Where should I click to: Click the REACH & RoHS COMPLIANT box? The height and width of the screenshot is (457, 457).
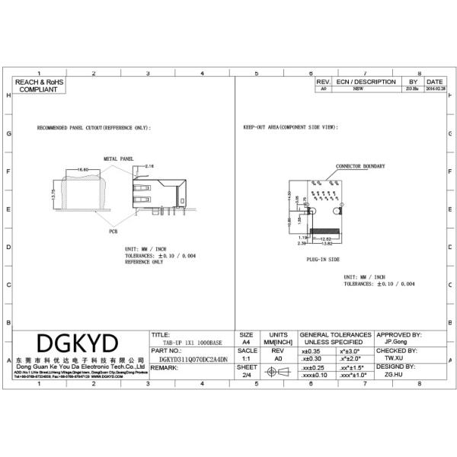[x=39, y=85]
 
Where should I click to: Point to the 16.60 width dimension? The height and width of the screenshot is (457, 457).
[x=82, y=169]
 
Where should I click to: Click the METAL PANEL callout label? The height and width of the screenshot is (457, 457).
[x=118, y=158]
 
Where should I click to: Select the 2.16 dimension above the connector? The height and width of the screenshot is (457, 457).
[x=149, y=165]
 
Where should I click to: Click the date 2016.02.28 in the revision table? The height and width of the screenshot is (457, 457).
[x=435, y=89]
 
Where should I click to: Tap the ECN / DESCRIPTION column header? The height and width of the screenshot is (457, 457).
[x=366, y=81]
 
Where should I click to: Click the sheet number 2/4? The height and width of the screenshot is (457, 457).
[x=246, y=375]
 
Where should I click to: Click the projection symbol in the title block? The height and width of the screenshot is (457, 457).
[x=277, y=371]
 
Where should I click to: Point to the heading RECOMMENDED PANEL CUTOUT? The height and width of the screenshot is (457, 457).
[x=94, y=128]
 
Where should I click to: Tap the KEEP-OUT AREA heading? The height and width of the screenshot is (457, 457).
[x=289, y=128]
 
